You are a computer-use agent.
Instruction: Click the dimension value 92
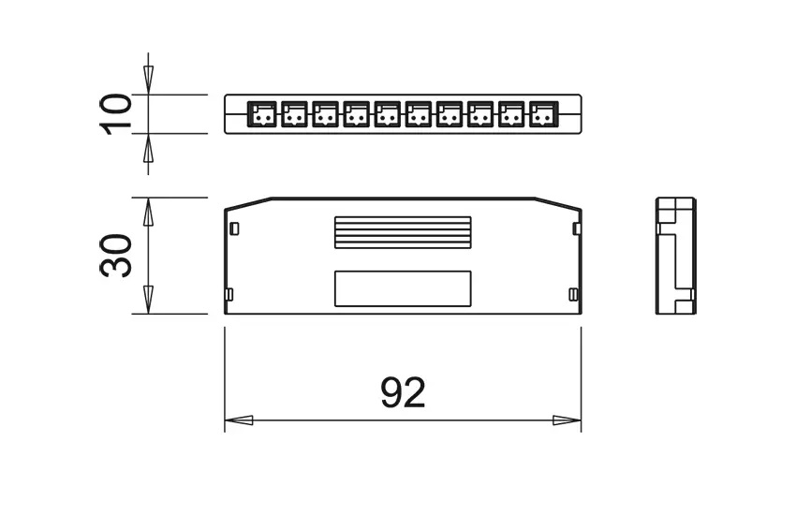(403, 393)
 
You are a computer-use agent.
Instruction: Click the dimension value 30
(117, 256)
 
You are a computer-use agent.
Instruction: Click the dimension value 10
(117, 114)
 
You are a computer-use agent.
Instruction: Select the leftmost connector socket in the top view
(262, 114)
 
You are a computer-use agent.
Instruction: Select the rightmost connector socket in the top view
(542, 114)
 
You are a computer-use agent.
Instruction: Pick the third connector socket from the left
(325, 114)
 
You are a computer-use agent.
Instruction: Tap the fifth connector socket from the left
(387, 114)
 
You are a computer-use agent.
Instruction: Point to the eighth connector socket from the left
(480, 114)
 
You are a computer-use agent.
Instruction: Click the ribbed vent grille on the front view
(403, 232)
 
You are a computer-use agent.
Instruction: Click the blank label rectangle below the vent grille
(403, 288)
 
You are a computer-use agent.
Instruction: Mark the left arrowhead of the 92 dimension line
(240, 420)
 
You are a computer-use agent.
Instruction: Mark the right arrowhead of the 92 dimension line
(567, 420)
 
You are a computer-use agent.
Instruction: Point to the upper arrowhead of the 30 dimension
(148, 213)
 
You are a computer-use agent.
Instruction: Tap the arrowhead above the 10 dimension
(148, 79)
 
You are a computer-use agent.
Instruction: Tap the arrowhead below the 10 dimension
(148, 149)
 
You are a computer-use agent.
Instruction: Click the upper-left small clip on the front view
(234, 228)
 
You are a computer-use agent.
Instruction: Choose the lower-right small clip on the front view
(573, 294)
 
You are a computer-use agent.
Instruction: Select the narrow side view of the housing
(675, 256)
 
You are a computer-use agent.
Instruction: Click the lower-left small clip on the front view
(229, 294)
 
